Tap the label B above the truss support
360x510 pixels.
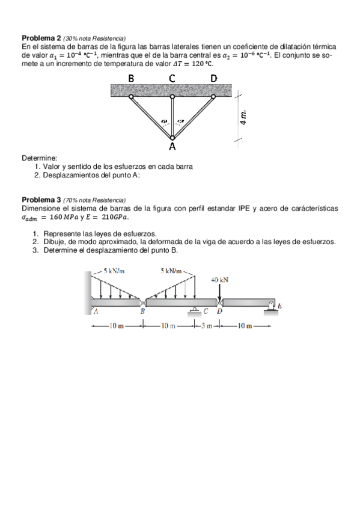(x=132, y=78)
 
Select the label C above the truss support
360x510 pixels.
(x=172, y=78)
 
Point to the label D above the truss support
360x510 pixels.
(x=214, y=78)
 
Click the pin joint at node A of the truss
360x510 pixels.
(x=172, y=138)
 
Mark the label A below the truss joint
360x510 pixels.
(x=172, y=147)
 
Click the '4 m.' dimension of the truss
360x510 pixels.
(x=243, y=115)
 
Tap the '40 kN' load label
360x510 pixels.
(x=221, y=280)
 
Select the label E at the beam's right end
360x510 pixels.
(x=279, y=307)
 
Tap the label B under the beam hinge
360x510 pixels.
(x=142, y=312)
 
